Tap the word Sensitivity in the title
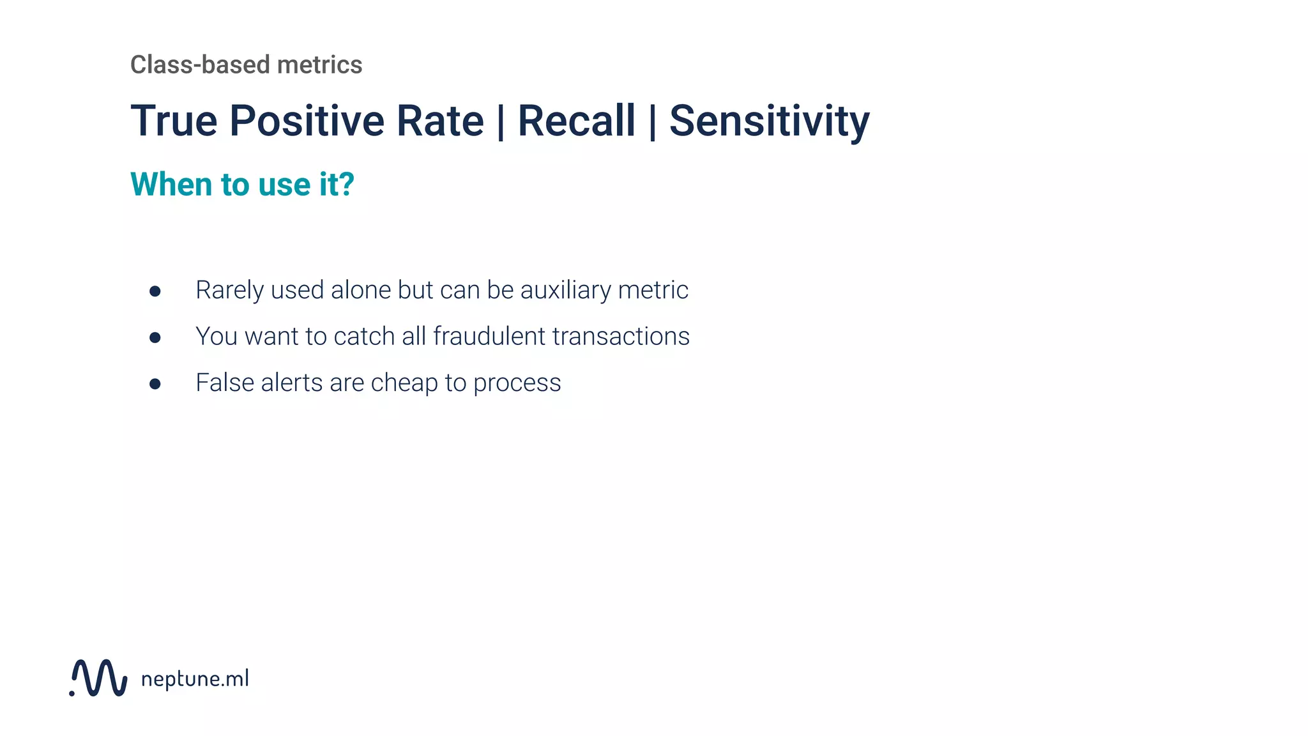click(769, 121)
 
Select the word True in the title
click(174, 121)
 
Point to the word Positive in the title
click(307, 121)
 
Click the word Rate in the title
click(440, 121)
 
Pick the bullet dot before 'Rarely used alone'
click(155, 291)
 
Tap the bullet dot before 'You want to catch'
click(155, 337)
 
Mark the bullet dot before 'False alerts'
click(155, 384)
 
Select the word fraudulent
click(489, 336)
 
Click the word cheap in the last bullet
click(404, 383)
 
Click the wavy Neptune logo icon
click(99, 678)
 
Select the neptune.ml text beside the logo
click(195, 678)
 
